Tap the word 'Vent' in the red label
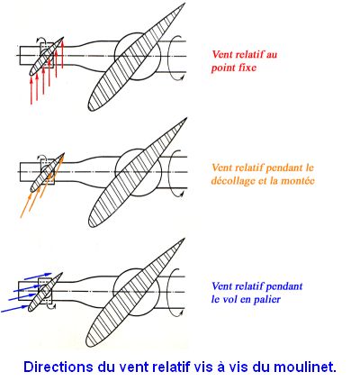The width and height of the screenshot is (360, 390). click(x=222, y=54)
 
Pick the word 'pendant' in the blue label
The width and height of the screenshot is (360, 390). click(x=284, y=286)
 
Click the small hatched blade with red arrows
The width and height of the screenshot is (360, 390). click(x=47, y=56)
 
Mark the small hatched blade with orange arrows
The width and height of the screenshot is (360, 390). click(x=48, y=172)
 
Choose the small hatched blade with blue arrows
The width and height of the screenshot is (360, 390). click(x=45, y=292)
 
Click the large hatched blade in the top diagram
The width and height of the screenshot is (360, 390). click(x=137, y=57)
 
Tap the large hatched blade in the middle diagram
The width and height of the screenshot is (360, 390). click(x=138, y=172)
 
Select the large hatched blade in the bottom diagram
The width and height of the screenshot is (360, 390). click(x=135, y=293)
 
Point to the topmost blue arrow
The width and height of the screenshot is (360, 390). click(x=38, y=277)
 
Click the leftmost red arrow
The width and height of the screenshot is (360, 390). click(x=31, y=90)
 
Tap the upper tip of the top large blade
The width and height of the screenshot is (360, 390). click(x=184, y=5)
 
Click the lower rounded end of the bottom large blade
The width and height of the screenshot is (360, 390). click(x=90, y=341)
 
